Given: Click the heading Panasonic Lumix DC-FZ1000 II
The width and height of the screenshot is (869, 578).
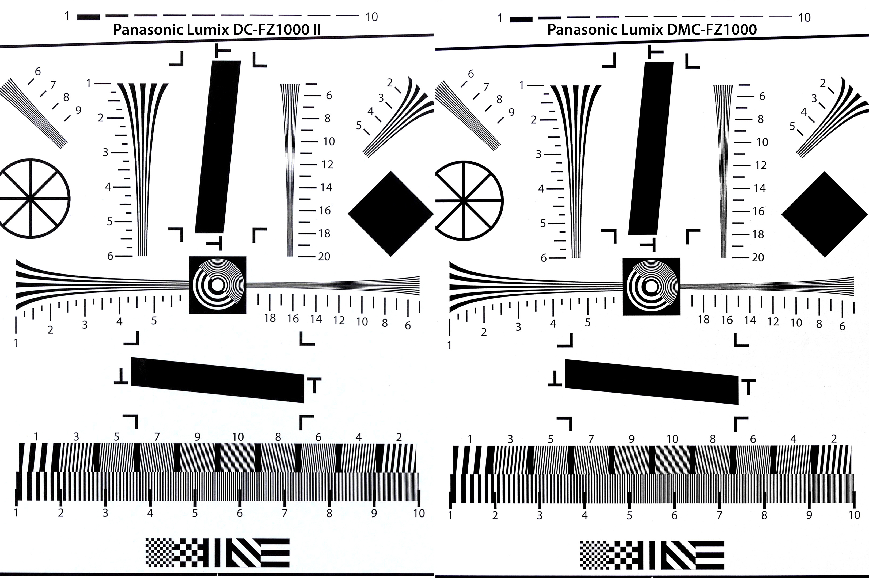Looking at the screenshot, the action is click(217, 29).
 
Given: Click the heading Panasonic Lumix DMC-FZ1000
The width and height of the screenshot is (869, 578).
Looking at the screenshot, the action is click(652, 29).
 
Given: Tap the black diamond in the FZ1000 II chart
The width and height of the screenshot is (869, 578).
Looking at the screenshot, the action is click(391, 214).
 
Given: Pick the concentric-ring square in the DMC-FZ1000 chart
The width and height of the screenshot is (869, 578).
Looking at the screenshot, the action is click(651, 287).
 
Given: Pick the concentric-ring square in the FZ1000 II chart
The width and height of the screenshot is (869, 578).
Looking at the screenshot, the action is click(218, 285).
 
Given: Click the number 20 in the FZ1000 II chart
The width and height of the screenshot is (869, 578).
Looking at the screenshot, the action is click(324, 257).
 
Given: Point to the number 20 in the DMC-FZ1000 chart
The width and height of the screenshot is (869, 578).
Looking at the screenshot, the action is click(758, 258).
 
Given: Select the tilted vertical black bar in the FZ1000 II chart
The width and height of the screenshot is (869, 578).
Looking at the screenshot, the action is click(218, 147).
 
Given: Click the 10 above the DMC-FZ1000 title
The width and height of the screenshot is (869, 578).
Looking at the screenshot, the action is click(804, 18).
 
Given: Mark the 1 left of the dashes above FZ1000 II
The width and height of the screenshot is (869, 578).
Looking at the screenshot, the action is click(67, 16).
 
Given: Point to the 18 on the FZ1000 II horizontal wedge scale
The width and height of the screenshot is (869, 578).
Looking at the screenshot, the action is click(270, 318).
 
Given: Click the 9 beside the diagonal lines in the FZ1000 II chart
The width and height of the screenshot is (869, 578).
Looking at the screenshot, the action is click(78, 110).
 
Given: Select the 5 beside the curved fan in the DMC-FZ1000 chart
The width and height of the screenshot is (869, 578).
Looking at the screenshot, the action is click(792, 126).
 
